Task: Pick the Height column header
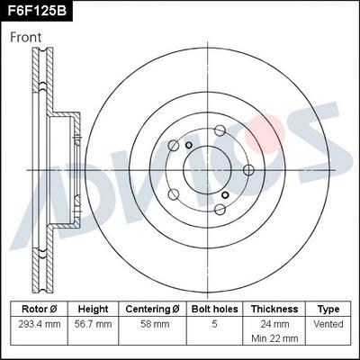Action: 93,308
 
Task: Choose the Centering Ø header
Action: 151,308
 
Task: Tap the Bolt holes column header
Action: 213,308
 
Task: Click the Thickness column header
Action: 274,308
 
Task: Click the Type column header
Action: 329,308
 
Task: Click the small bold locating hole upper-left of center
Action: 189,146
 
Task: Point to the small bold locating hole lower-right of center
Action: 223,193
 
